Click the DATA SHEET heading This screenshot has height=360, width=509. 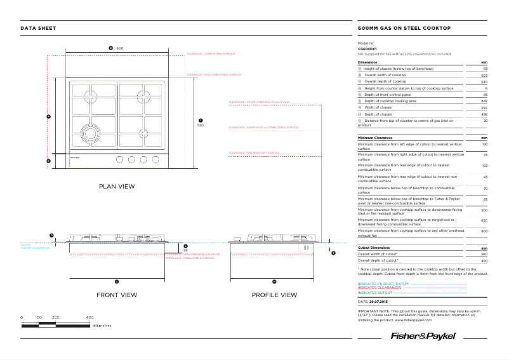click(38, 29)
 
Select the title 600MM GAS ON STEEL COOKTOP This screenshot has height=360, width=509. click(404, 29)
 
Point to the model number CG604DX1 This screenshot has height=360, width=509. click(367, 48)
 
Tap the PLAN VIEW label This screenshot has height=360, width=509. click(117, 187)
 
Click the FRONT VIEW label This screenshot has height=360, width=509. click(117, 295)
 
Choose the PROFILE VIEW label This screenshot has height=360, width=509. click(274, 295)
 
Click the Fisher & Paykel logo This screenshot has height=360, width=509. click(421, 336)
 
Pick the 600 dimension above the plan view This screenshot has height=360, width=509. click(119, 48)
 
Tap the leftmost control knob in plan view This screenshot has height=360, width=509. click(119, 160)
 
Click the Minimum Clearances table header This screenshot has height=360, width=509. click(375, 138)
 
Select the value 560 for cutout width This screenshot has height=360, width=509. click(484, 254)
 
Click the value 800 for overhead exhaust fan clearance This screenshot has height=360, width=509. click(484, 231)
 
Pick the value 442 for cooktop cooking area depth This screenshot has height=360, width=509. click(484, 101)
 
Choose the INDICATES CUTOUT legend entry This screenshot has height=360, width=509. click(374, 293)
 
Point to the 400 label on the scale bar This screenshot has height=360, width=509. click(89, 316)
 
